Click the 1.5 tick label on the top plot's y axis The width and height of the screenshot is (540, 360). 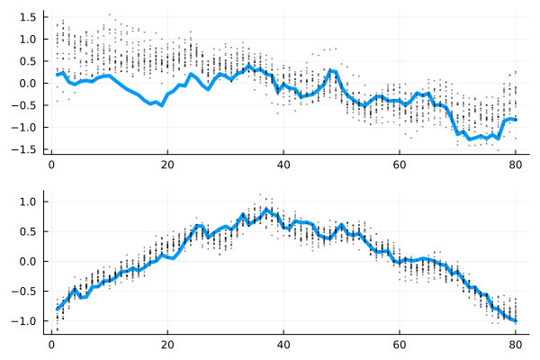click(28, 17)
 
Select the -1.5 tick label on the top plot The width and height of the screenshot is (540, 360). click(25, 148)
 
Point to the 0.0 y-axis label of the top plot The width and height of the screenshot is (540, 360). click(28, 83)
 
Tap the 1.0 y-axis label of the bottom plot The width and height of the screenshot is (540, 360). click(28, 202)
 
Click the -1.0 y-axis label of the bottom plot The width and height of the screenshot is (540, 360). click(25, 320)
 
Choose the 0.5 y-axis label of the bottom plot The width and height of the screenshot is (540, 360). click(28, 231)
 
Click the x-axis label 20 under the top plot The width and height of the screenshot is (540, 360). click(167, 166)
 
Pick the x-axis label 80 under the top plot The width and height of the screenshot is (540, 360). click(516, 166)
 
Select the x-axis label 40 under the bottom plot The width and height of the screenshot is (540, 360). click(283, 343)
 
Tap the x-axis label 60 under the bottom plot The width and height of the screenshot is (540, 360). click(400, 343)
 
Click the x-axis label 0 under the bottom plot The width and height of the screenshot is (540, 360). click(51, 343)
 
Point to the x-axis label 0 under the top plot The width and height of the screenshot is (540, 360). click(51, 166)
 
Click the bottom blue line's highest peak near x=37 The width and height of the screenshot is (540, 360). click(266, 210)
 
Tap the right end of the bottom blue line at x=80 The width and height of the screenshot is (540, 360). click(516, 320)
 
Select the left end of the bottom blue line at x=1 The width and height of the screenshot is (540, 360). click(58, 310)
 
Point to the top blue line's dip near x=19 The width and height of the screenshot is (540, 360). click(162, 106)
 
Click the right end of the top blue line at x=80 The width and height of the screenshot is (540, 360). click(516, 120)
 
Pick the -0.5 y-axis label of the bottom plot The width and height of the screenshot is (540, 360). click(25, 291)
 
